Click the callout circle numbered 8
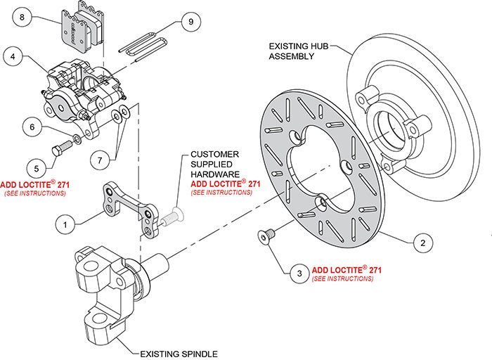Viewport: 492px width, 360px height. (22, 16)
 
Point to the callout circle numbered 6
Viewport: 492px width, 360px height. (32, 127)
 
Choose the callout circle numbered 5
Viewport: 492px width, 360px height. (32, 167)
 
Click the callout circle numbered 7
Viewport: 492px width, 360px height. (103, 160)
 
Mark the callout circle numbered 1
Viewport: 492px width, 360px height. (65, 225)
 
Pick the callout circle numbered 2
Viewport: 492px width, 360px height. (422, 243)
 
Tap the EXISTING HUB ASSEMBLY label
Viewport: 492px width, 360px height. (297, 51)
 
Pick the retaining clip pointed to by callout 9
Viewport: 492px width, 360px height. (144, 44)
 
